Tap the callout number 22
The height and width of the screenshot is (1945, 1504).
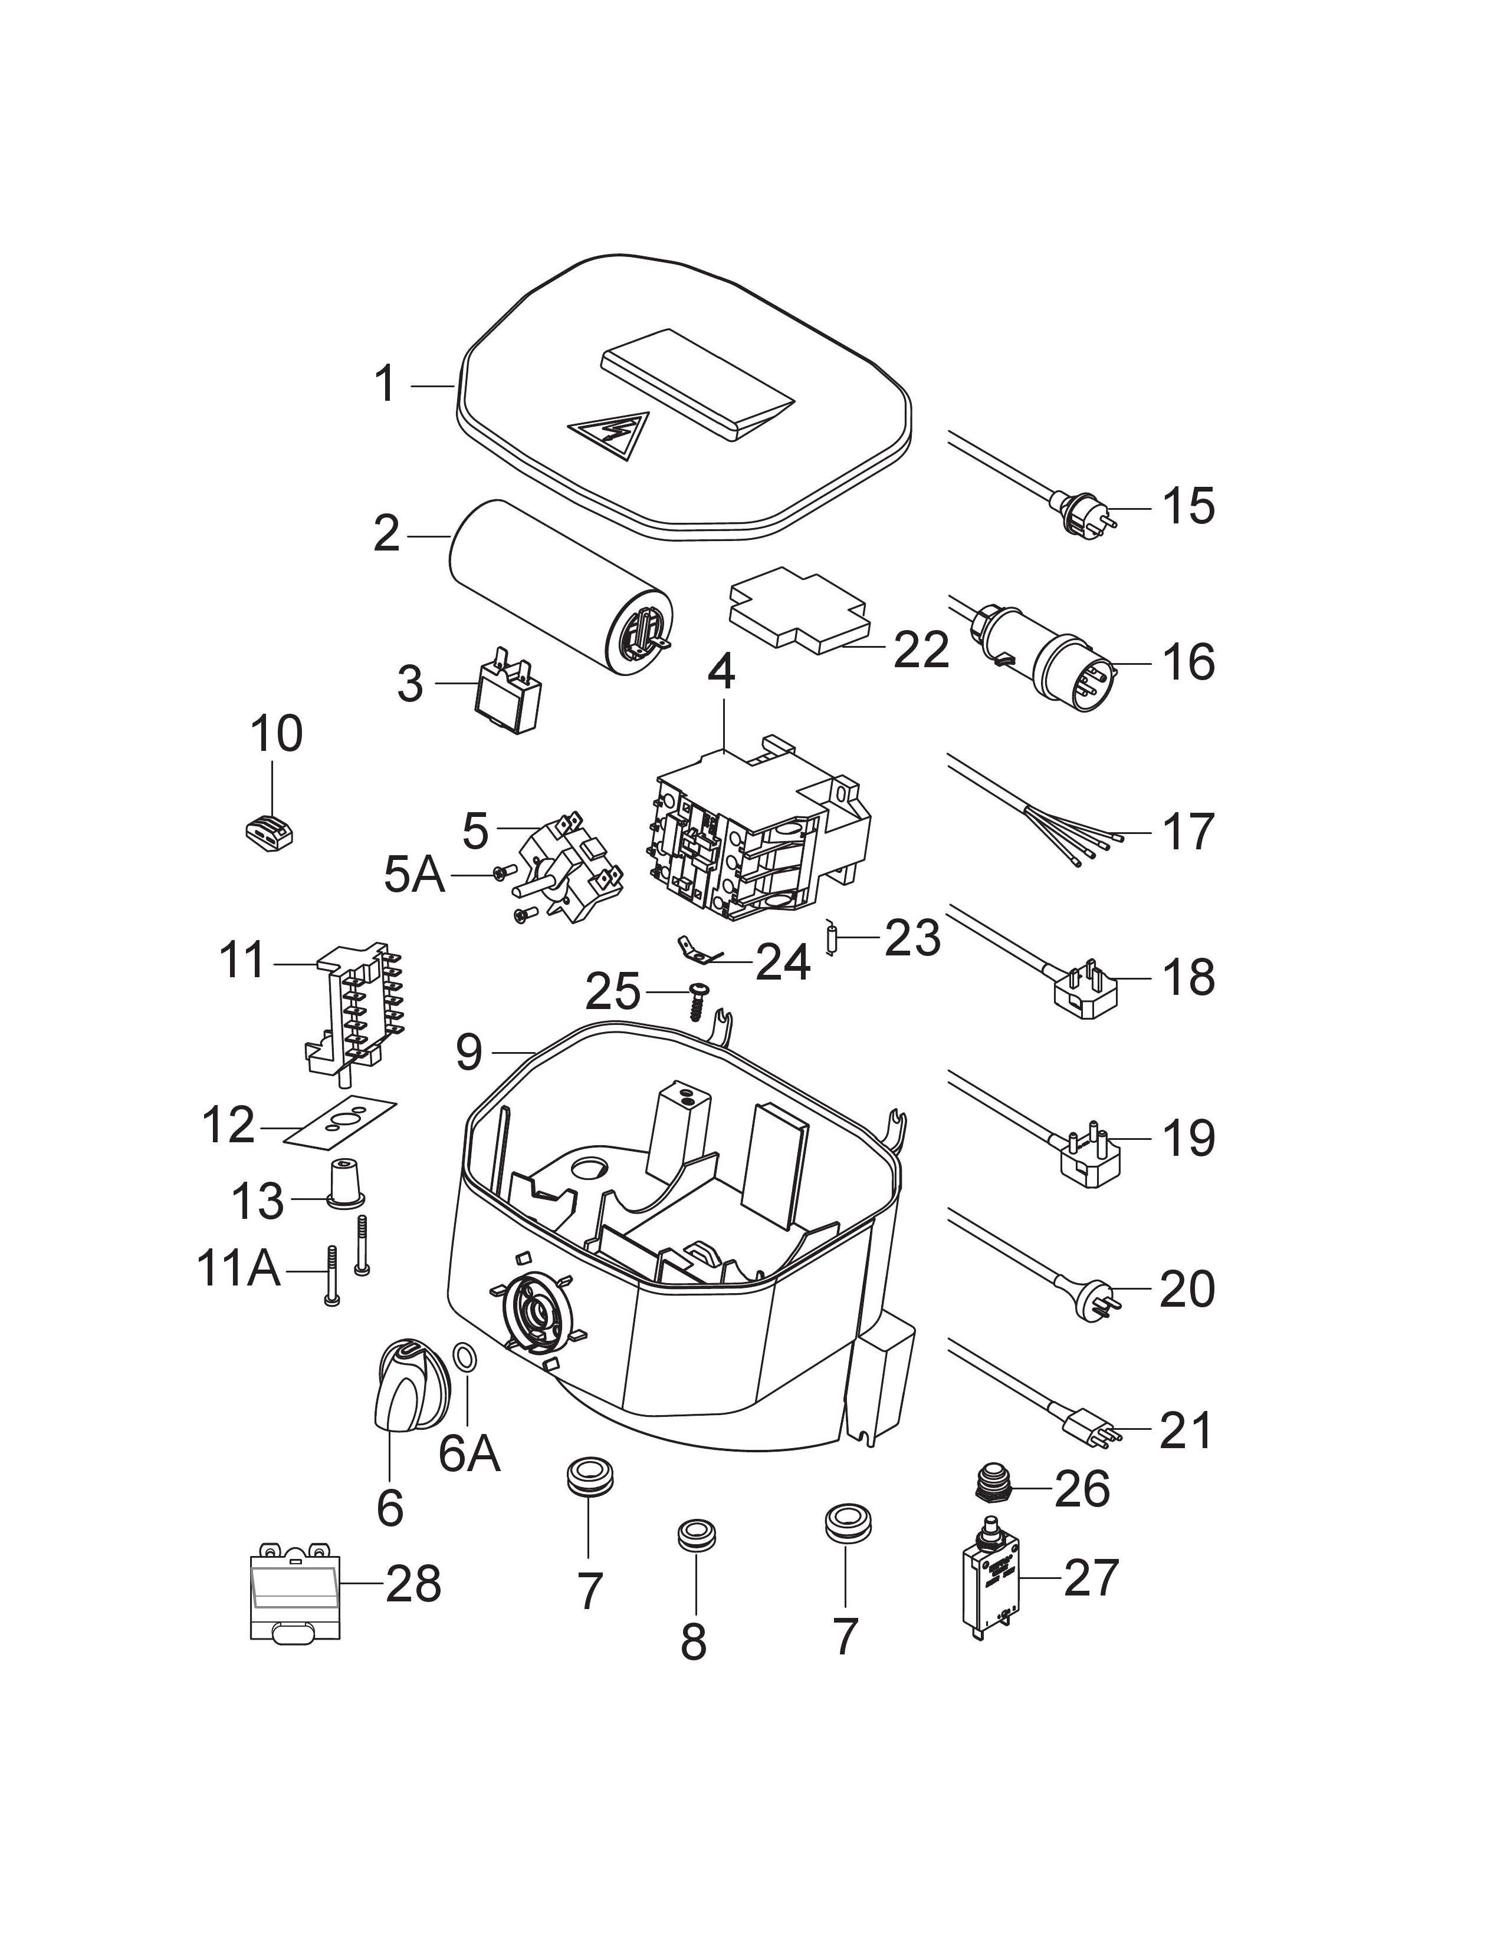tap(921, 651)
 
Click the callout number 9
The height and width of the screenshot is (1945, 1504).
tap(469, 1053)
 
